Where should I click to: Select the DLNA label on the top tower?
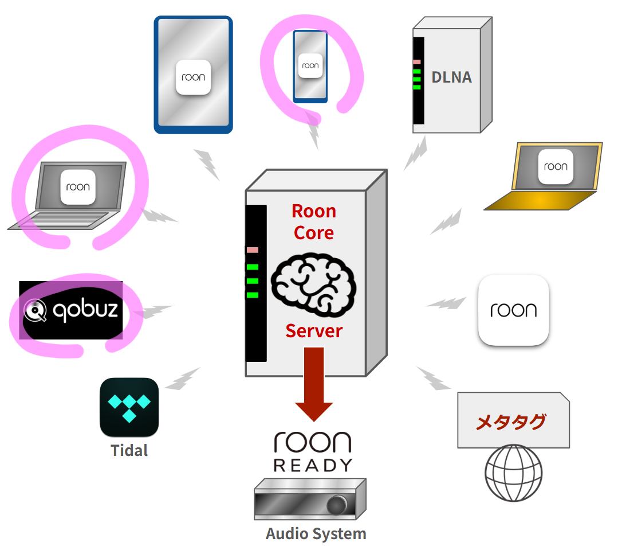(x=451, y=77)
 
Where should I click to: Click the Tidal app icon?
(x=129, y=407)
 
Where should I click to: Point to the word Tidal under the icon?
(x=129, y=451)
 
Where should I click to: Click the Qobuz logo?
(x=71, y=310)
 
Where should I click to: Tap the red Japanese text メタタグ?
(x=510, y=422)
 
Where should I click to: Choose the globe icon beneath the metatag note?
(x=513, y=473)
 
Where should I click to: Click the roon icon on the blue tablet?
(x=194, y=77)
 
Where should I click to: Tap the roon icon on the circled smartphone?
(x=310, y=66)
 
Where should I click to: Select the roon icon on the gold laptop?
(x=556, y=167)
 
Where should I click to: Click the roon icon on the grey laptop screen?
(x=78, y=187)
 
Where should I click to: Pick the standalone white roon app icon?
(x=513, y=310)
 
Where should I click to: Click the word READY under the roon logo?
(x=313, y=465)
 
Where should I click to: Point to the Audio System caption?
(x=316, y=533)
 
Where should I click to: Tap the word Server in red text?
(x=314, y=331)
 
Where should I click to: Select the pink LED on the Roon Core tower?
(x=253, y=250)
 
